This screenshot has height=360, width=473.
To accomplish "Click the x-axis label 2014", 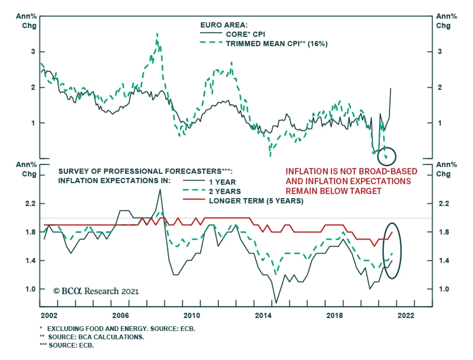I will [x=263, y=315].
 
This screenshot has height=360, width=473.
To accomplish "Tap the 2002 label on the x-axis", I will [x=49, y=315].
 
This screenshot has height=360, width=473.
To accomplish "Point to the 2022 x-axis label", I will [x=406, y=315].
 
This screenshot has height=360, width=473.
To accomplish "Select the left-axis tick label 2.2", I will [x=30, y=204].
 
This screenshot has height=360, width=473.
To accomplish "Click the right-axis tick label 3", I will [x=440, y=51].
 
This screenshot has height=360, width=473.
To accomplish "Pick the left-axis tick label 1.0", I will [x=30, y=289].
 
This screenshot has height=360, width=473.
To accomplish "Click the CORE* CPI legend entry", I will [x=245, y=34].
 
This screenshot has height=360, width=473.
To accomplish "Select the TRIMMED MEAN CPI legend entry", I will [x=276, y=44].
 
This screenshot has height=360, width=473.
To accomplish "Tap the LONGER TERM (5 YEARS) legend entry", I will [x=256, y=201].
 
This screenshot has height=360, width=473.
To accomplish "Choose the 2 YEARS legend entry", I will [x=225, y=192].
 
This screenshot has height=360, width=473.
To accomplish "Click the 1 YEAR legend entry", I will [x=222, y=182].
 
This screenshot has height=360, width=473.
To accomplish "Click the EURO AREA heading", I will [x=224, y=25].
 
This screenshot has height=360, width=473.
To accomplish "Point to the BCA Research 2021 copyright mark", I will [x=96, y=291].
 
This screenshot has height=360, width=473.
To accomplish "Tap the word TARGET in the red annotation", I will [x=365, y=191].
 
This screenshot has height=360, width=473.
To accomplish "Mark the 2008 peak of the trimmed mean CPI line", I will [x=157, y=34].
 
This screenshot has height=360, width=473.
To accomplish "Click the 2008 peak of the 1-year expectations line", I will [x=160, y=189].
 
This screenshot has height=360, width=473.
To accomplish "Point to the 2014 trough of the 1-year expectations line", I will [x=276, y=303].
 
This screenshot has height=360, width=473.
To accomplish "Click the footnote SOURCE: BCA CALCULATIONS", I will [x=96, y=337].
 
